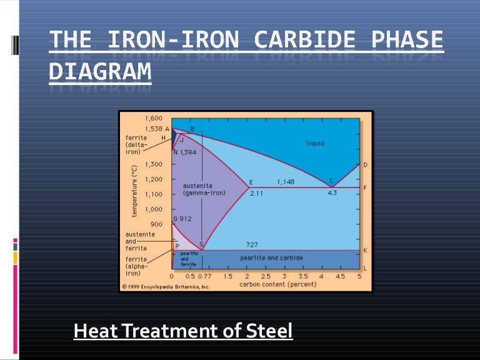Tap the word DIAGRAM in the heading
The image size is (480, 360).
[100, 72]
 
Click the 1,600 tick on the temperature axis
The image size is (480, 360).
[154, 118]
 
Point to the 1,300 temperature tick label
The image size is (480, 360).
[154, 164]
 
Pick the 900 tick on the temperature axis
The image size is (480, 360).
[156, 224]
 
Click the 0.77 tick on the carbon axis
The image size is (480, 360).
[204, 276]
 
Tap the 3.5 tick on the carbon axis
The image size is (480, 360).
[302, 276]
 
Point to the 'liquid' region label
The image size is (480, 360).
[315, 143]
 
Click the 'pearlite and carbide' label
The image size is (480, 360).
[271, 257]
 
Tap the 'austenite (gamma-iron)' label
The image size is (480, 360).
[204, 189]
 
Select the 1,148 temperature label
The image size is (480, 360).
[286, 182]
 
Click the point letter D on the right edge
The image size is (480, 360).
[366, 165]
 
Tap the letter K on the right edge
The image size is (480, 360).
[366, 251]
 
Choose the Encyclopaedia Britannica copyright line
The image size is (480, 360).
[166, 287]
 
